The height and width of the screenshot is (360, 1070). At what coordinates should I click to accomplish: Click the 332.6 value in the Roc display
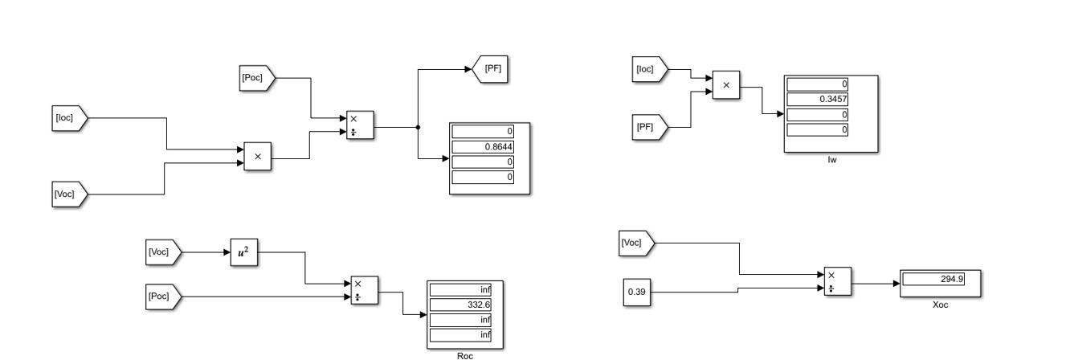pos(459,305)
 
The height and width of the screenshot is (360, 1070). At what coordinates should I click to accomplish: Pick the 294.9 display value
pos(941,279)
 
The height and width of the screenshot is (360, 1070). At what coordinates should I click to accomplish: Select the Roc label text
pos(460,354)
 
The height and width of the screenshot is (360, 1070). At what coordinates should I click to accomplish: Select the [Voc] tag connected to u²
pos(163,252)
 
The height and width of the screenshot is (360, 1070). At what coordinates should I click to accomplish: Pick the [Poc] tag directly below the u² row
pos(163,296)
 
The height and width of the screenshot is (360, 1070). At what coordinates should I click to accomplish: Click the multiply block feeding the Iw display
pos(725,84)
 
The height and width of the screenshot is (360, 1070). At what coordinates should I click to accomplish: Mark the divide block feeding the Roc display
pos(363,290)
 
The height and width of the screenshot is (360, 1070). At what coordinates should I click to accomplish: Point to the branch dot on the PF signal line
pos(418,127)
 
